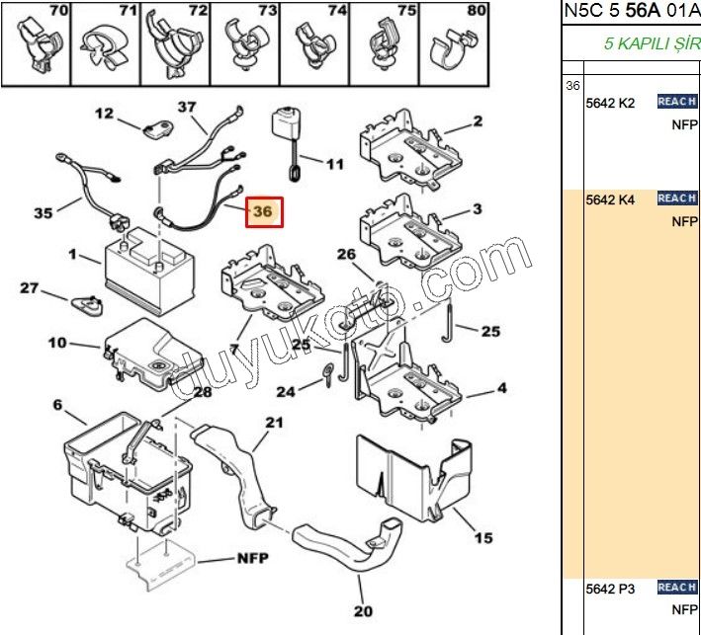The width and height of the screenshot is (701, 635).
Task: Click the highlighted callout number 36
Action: [x=263, y=211]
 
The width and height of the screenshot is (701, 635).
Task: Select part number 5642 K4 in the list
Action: [x=609, y=199]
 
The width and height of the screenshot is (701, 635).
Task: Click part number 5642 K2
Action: [x=609, y=102]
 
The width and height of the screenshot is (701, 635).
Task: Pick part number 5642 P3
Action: [x=609, y=589]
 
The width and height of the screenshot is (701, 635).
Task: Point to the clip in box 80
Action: [x=457, y=50]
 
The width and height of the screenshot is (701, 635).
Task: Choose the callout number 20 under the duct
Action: [x=363, y=610]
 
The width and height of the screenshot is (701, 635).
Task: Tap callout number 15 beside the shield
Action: [x=482, y=538]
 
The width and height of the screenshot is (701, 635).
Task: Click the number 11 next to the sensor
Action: [x=335, y=164]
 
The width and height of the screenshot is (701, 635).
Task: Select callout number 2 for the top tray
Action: [x=477, y=121]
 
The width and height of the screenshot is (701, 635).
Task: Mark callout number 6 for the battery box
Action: [x=56, y=405]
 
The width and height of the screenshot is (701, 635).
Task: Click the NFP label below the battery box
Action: [x=253, y=557]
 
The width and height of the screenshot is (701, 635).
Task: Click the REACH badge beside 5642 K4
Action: [x=677, y=198]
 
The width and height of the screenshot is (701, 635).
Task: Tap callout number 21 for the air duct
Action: [x=273, y=423]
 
